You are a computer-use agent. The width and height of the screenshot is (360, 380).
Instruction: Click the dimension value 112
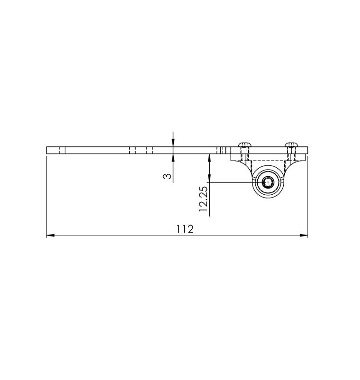click(x=185, y=229)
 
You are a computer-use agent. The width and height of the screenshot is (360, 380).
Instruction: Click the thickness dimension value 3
click(x=167, y=176)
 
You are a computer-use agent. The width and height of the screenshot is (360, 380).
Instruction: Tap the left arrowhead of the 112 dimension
click(x=49, y=235)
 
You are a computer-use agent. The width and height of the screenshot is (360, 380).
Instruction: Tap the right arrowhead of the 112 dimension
click(x=305, y=235)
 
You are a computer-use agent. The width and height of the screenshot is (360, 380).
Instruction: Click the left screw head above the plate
click(x=244, y=144)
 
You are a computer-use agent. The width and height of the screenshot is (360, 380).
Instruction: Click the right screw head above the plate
click(x=291, y=144)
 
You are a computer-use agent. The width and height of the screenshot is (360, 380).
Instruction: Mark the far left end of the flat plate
click(x=47, y=150)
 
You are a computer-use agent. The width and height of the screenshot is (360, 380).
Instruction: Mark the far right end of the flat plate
click(x=307, y=150)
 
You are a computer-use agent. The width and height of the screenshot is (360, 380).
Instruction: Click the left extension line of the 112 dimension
click(x=46, y=199)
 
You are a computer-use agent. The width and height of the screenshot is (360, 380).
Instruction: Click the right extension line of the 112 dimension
click(x=307, y=199)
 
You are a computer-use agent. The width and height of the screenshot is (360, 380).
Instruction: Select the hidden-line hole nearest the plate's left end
click(x=61, y=150)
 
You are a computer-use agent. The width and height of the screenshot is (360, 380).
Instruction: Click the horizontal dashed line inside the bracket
click(x=268, y=162)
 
